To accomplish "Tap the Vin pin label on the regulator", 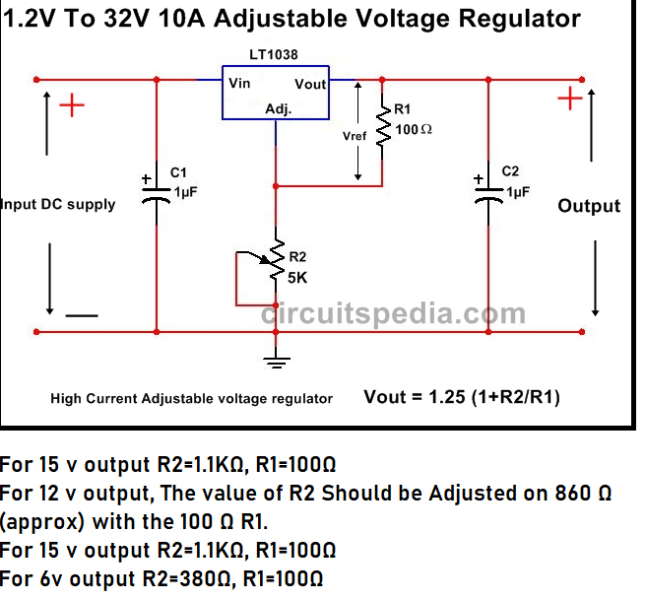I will [x=239, y=84].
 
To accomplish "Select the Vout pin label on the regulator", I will [x=310, y=85].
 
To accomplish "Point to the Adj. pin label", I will [x=279, y=110].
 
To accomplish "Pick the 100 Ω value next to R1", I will [x=414, y=129].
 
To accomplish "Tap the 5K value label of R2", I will [x=298, y=278].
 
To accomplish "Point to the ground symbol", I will [x=277, y=364].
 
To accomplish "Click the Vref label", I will [x=355, y=137].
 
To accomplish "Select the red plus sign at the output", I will [x=569, y=99].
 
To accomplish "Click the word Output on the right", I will [x=589, y=206].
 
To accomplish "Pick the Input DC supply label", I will [x=58, y=205].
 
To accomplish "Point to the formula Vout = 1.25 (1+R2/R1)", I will [x=463, y=397].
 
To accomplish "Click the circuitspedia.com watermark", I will [x=393, y=314].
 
